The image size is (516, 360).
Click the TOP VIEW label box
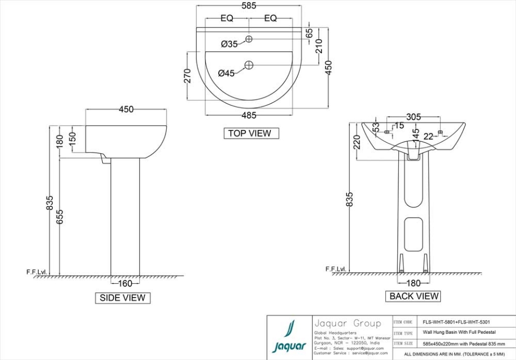click(251, 133)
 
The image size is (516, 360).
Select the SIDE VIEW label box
click(123, 298)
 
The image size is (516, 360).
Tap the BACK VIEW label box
click(414, 296)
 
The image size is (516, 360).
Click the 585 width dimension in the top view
click(249, 6)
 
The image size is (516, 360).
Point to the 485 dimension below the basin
click(248, 115)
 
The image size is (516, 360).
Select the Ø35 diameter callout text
click(229, 44)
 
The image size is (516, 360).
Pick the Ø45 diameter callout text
click(226, 74)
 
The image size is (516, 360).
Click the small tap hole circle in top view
click(249, 39)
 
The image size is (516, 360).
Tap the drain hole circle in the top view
click(249, 65)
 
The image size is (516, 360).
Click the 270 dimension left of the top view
click(188, 76)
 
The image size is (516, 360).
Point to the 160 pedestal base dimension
click(125, 283)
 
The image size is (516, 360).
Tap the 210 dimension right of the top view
click(319, 47)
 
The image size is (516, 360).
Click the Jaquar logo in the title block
click(289, 337)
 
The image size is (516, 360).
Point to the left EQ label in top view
click(227, 18)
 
